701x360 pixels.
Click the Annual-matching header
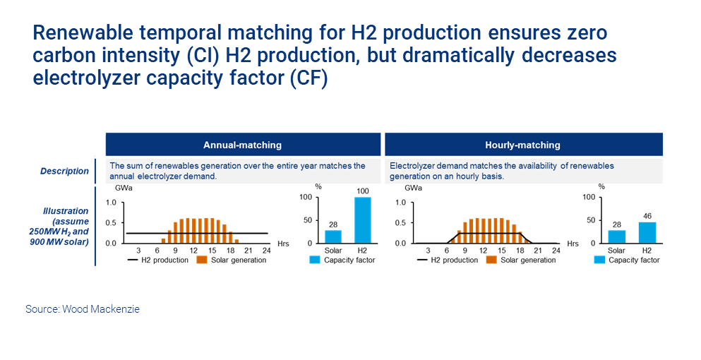(242, 145)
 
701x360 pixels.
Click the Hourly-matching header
(522, 145)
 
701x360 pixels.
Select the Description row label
(65, 171)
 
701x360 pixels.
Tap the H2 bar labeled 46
(647, 232)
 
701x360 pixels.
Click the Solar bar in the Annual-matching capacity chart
(333, 236)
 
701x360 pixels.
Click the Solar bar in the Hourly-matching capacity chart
(616, 236)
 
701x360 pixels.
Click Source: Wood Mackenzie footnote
(83, 309)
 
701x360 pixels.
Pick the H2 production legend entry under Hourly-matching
(448, 260)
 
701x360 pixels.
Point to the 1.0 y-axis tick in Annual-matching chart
(111, 203)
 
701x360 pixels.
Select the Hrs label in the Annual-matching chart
(283, 244)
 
